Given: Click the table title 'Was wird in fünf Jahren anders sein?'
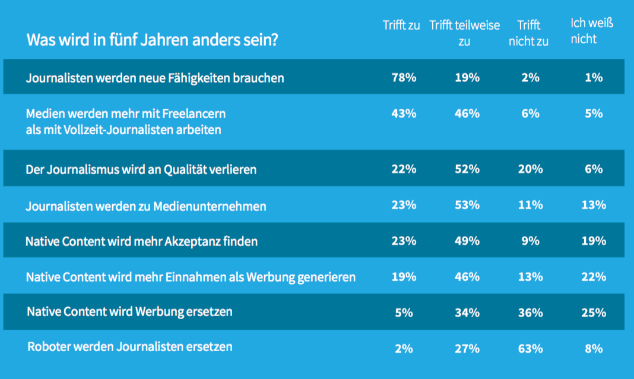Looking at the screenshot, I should click(x=153, y=41).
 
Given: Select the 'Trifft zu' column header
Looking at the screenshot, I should click(x=401, y=26).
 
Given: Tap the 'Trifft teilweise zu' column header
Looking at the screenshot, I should click(x=465, y=33).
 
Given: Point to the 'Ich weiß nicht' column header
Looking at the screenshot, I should click(x=591, y=31).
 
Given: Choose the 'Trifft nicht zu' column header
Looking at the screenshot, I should click(x=528, y=33).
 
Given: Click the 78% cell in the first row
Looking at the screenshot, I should click(x=403, y=77).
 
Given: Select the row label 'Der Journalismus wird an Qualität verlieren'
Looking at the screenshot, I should click(x=141, y=169).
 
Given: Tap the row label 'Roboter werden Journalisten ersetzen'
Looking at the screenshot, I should click(x=130, y=346).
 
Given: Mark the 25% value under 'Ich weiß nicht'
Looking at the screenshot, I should click(x=594, y=312).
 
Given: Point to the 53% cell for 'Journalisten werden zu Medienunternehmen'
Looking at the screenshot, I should click(x=467, y=205).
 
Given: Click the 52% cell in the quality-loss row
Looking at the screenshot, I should click(x=467, y=169).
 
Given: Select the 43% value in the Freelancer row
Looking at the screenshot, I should click(x=403, y=113).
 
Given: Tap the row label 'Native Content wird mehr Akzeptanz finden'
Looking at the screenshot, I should click(x=141, y=241).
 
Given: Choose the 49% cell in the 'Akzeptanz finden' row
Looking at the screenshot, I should click(x=467, y=241).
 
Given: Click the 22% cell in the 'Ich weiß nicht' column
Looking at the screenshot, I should click(x=594, y=277).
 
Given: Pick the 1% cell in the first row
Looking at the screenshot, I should click(x=594, y=77).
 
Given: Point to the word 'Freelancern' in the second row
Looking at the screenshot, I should click(x=195, y=113).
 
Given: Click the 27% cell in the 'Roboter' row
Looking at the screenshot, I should click(x=467, y=349).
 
